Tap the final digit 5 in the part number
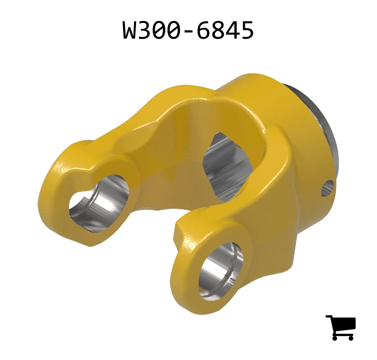[x=247, y=30]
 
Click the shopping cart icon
[x=341, y=328]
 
